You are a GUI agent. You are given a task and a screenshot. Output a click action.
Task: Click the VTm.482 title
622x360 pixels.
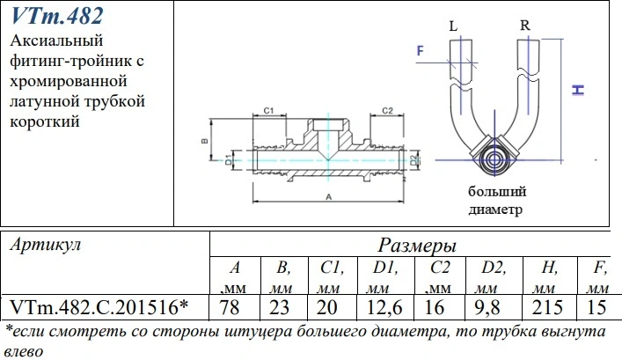coord(57,16)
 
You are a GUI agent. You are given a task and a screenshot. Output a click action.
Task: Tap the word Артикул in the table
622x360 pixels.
coord(45,245)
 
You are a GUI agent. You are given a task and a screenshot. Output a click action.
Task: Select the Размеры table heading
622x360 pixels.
coord(417,246)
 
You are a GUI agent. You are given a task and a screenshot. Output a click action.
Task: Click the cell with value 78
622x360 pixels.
coord(230,307)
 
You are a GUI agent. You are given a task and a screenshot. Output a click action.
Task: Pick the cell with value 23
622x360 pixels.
coord(279,307)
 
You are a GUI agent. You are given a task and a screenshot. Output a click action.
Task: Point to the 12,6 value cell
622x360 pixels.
coord(384,308)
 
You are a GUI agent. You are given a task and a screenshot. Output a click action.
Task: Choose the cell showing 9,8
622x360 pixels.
coord(487,308)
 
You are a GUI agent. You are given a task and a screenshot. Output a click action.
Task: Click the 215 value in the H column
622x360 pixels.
coord(547,307)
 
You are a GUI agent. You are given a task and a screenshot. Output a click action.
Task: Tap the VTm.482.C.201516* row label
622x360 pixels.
coord(99,307)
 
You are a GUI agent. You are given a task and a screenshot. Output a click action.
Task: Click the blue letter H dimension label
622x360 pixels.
coord(578,90)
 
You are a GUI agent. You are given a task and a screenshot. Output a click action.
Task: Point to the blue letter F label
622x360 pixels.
coord(421,50)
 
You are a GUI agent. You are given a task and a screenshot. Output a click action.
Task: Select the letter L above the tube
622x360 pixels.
coord(453,26)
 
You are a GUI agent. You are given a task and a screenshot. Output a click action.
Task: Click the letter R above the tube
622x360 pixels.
coord(525,26)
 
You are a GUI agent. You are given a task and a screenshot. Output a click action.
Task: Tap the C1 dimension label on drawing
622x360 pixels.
coord(269,111)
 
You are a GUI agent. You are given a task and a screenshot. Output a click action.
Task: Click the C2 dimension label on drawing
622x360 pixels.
coord(387,111)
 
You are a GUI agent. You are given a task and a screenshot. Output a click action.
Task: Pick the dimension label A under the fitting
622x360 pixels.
coord(329,196)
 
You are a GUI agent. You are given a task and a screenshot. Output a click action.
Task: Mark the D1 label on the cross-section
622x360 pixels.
coord(229,160)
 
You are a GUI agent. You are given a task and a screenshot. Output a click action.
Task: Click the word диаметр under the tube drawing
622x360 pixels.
coord(495,209)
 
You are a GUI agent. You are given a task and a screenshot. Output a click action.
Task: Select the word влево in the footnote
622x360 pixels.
coord(24,351)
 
